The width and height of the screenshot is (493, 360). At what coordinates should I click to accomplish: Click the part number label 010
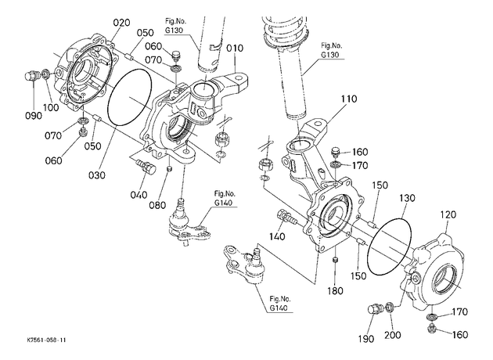[235, 49]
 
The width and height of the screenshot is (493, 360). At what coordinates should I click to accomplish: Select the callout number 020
[121, 23]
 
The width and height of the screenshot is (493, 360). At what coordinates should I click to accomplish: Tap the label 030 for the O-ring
[97, 175]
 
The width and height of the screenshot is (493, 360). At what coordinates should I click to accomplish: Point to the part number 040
[139, 195]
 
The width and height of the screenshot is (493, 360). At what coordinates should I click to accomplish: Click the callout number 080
[157, 205]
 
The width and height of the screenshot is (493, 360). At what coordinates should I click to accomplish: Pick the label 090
[34, 116]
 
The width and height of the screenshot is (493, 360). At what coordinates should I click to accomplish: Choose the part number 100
[51, 107]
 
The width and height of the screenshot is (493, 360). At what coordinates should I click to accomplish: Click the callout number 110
[349, 99]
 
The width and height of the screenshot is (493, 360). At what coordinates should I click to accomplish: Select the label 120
[448, 214]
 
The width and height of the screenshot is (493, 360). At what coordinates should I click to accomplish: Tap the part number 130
[407, 198]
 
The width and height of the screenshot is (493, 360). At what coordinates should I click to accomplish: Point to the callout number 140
[277, 236]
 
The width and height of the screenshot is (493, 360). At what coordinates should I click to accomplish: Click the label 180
[335, 291]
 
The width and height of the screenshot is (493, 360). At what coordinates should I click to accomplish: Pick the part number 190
[366, 339]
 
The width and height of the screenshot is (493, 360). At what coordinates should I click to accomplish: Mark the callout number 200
[393, 335]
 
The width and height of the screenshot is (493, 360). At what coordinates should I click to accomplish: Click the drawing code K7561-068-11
[46, 340]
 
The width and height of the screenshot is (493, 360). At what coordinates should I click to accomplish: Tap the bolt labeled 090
[31, 76]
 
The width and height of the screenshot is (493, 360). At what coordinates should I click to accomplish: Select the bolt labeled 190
[374, 308]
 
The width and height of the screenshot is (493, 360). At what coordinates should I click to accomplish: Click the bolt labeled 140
[286, 217]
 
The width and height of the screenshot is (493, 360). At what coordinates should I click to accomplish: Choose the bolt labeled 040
[146, 167]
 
